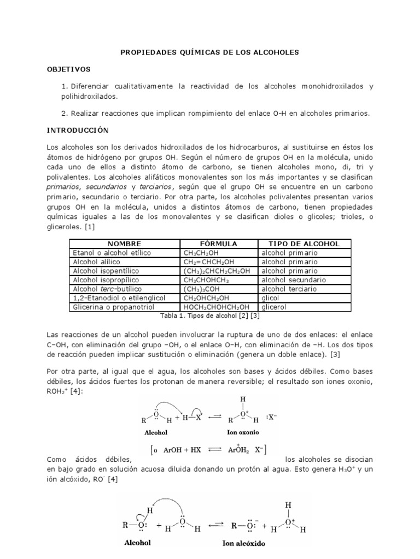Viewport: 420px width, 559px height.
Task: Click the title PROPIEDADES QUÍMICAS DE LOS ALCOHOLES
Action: (210, 52)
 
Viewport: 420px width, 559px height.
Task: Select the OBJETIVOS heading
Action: (68, 69)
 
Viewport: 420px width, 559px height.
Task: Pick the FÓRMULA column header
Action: (219, 243)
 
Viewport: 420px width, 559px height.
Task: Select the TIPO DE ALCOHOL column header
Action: (305, 243)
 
